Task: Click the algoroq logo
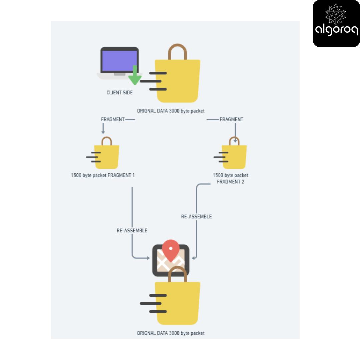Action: click(x=336, y=23)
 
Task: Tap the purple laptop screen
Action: click(x=119, y=61)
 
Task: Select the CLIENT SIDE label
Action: click(x=119, y=93)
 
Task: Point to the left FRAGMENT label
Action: click(x=113, y=119)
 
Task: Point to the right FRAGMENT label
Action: click(x=231, y=119)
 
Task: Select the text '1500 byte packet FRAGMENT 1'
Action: click(x=103, y=175)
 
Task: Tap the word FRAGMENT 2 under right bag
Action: click(x=230, y=182)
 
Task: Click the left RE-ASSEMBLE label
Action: click(x=132, y=230)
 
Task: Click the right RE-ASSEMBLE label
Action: click(x=196, y=217)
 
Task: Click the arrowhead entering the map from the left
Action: click(x=148, y=258)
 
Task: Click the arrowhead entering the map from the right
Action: click(x=194, y=258)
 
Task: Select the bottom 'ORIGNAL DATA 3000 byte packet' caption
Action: click(x=171, y=333)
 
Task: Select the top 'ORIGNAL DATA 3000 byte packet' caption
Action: click(x=171, y=111)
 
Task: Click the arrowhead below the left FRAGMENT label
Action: click(x=103, y=132)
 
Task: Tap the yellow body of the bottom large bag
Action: click(x=178, y=303)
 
